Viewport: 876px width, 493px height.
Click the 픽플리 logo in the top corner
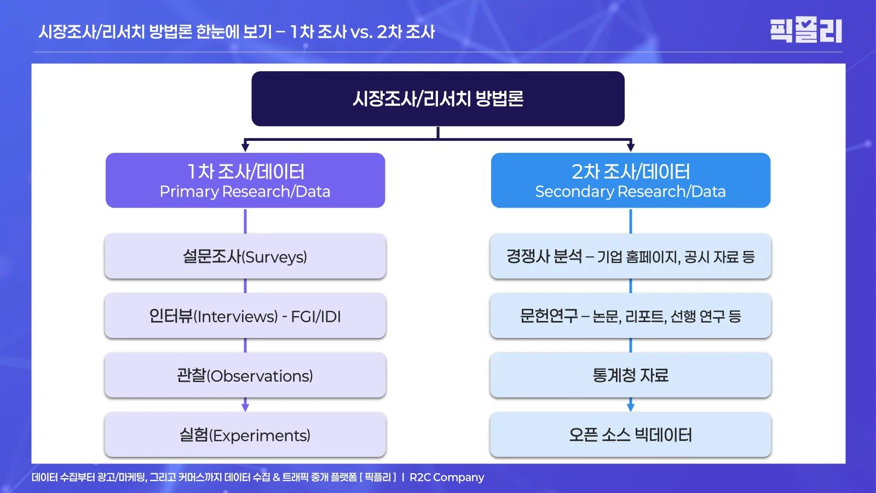coord(805,30)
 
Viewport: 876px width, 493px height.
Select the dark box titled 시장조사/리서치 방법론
coord(438,99)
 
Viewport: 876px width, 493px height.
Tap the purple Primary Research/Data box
coord(245,180)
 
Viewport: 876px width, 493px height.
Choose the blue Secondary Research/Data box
coord(631,180)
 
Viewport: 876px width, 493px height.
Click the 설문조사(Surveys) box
coord(245,256)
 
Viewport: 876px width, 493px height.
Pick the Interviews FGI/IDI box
coord(245,316)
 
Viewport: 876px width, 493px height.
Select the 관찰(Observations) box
coord(245,376)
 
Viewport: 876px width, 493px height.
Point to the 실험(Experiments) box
coord(245,435)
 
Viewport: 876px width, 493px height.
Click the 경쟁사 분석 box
coord(631,256)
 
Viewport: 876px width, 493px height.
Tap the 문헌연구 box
coord(631,316)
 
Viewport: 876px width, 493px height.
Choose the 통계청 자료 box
coord(631,376)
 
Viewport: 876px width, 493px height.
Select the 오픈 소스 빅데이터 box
coord(631,435)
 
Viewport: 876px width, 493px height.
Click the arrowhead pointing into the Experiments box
coord(245,407)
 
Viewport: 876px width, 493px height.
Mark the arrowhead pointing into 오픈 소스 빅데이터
coord(631,407)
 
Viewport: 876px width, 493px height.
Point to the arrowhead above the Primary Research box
coord(245,147)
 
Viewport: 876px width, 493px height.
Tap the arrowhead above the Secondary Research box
coord(631,147)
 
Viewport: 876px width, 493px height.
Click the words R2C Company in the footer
coord(447,477)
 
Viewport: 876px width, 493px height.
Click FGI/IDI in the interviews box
coord(316,317)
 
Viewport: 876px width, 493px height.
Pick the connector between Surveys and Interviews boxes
coord(245,286)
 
